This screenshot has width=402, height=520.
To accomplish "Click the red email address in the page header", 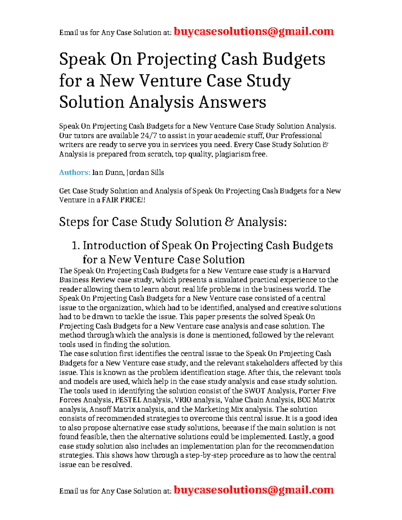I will (254, 31).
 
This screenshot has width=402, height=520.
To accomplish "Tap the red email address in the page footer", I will (254, 490).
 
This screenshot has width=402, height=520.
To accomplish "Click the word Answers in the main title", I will (232, 102).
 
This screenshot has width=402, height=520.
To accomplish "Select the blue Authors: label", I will (75, 172).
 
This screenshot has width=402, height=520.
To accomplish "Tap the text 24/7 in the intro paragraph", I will (149, 136).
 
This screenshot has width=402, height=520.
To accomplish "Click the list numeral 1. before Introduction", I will (76, 245).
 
